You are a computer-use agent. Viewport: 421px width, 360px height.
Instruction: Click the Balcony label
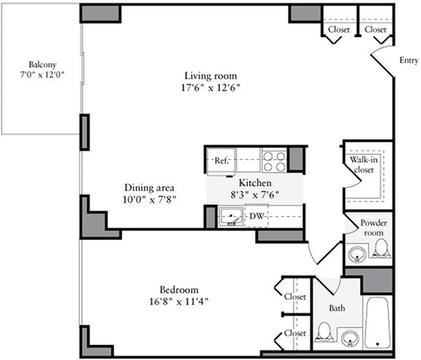[x=42, y=64]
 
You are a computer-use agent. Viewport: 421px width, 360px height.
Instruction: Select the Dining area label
[x=149, y=188]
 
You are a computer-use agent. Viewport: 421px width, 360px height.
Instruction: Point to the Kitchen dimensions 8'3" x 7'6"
[x=255, y=194]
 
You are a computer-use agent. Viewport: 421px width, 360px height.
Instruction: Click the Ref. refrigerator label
[x=222, y=161]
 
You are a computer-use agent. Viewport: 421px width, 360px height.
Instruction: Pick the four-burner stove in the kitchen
[x=275, y=161]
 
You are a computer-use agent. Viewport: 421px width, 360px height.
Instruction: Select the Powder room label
[x=373, y=228]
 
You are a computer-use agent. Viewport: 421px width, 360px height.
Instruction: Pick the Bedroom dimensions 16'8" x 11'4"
[x=179, y=301]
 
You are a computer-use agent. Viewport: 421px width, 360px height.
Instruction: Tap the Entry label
[x=409, y=61]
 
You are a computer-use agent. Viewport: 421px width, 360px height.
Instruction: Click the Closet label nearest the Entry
[x=375, y=30]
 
